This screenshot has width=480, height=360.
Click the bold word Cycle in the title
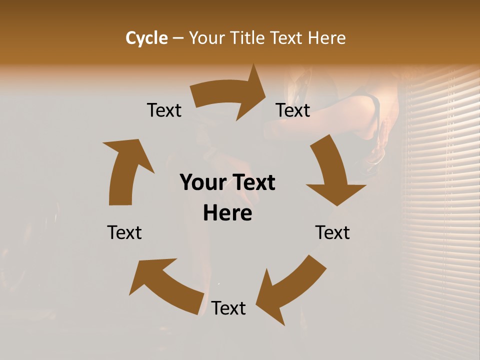[146, 38]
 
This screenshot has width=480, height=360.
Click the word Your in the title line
[206, 38]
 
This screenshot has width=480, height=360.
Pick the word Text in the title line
[286, 38]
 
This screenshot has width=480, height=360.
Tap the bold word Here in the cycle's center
[227, 213]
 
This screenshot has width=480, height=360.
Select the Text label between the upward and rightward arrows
[164, 110]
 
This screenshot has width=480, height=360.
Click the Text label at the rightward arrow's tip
[293, 110]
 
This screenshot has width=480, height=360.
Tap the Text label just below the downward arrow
[332, 232]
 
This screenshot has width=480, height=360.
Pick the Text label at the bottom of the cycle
[228, 308]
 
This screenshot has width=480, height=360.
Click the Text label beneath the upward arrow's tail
[124, 232]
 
